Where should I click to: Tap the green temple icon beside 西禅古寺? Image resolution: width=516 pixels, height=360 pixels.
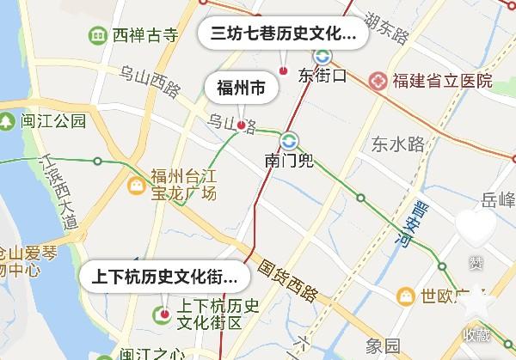pos(98,35)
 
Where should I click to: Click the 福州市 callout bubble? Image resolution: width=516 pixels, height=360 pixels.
pos(241,88)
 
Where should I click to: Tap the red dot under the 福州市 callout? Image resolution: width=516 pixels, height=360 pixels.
pos(242,125)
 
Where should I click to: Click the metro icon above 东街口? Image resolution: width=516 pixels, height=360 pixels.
pos(322,56)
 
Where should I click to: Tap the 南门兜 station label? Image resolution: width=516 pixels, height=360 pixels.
pos(288,160)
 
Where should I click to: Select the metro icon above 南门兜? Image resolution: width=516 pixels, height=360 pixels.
pos(288,139)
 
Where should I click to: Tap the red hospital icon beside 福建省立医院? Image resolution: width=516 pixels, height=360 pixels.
pos(378,81)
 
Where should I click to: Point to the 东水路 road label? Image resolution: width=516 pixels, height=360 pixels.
pos(398,144)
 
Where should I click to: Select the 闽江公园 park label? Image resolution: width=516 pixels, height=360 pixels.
pos(54,121)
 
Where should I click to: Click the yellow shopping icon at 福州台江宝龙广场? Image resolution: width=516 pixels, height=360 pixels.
pos(136,185)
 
